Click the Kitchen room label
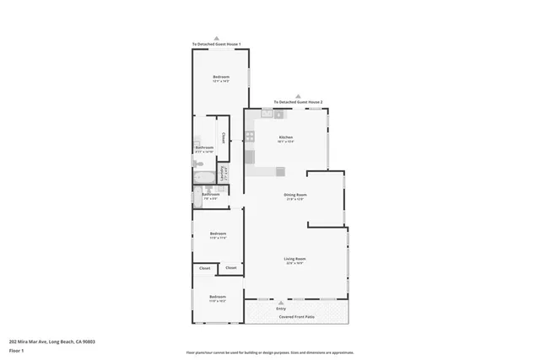point(285,137)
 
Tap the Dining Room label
point(294,195)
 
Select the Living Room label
point(294,259)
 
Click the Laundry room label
point(223,173)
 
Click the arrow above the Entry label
point(281,302)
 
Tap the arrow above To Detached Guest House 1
point(216,38)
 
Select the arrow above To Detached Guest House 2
point(292,95)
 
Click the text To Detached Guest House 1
point(216,44)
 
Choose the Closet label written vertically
point(223,137)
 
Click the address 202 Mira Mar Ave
point(51,341)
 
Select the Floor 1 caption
point(17,350)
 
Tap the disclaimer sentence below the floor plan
point(269,352)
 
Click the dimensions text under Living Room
point(294,264)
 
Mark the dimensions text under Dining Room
point(294,200)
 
